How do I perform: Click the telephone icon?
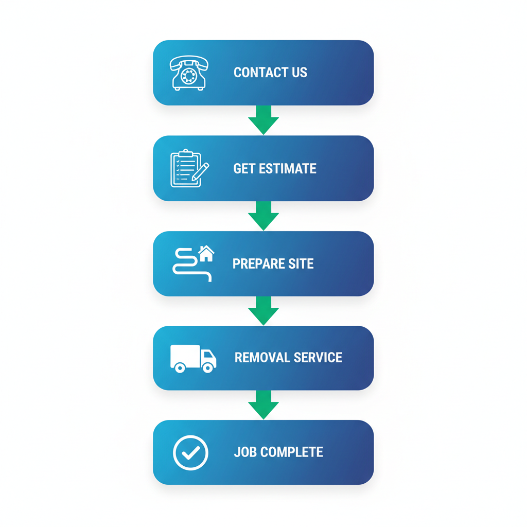point(189,73)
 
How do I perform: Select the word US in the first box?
point(299,73)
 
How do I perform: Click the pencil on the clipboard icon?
point(201,171)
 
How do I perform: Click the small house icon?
point(206,253)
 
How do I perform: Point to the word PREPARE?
point(256,264)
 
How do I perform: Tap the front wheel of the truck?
point(207,367)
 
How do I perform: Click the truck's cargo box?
point(185,355)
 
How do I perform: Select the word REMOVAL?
point(259,358)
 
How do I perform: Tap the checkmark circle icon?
point(190,453)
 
